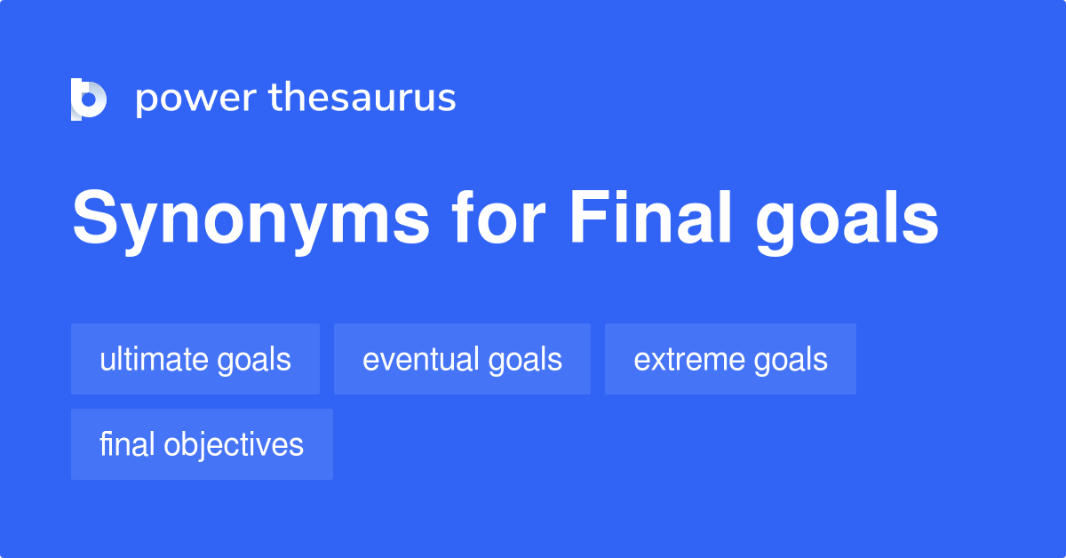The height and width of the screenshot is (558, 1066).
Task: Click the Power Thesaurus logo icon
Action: point(89,99)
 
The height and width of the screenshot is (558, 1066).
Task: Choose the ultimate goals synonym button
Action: point(195,359)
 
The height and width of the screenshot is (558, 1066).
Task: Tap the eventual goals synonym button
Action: point(462,359)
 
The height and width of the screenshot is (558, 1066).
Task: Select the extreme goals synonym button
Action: point(730,359)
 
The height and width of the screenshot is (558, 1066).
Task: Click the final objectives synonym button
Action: point(202,444)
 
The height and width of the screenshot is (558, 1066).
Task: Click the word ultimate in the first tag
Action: point(155,359)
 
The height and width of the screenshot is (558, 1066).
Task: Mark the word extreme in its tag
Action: point(688,359)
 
